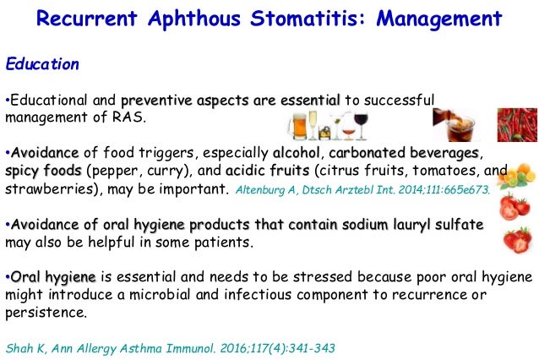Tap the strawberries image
[x=514, y=240]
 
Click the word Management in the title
[x=432, y=19]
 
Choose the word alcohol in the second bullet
[x=297, y=153]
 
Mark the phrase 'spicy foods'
[x=43, y=170]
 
